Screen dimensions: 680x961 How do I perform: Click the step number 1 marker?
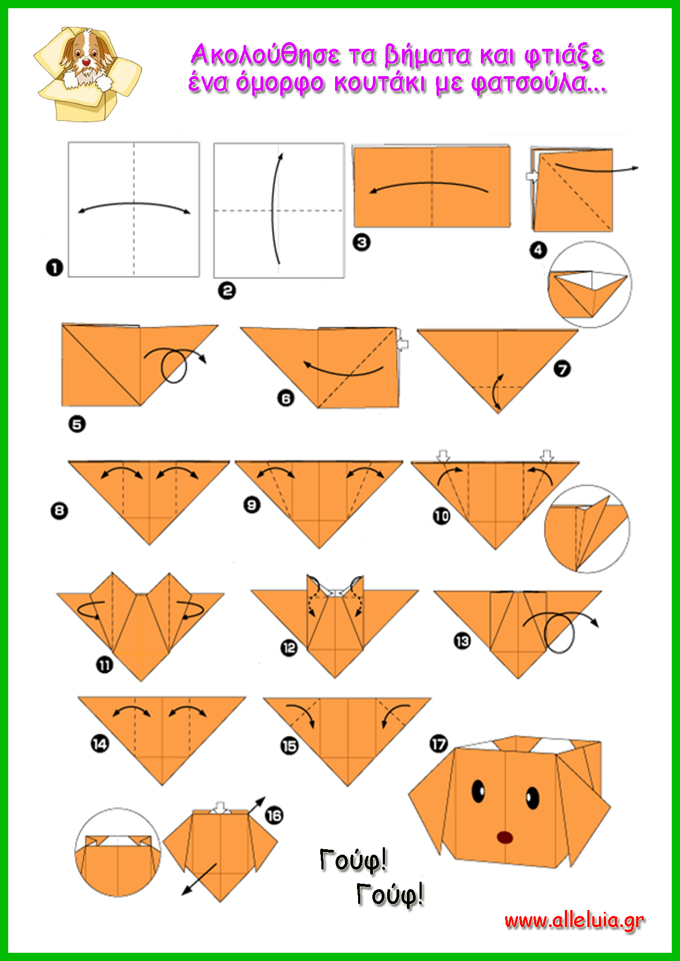pyautogui.click(x=54, y=268)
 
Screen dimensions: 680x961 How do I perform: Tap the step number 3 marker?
pyautogui.click(x=361, y=242)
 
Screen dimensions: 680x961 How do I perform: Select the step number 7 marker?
pyautogui.click(x=562, y=369)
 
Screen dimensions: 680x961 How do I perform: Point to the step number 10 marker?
pyautogui.click(x=441, y=516)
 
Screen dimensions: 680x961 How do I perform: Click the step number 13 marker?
pyautogui.click(x=462, y=640)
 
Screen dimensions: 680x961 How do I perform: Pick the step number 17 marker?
pyautogui.click(x=438, y=744)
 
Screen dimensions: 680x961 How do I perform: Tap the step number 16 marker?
pyautogui.click(x=274, y=816)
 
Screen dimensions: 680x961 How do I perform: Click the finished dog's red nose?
pyautogui.click(x=505, y=837)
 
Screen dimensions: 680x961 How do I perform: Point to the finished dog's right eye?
pyautogui.click(x=532, y=798)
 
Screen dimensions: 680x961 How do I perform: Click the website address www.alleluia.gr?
pyautogui.click(x=574, y=921)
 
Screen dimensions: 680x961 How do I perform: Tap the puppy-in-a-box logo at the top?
pyautogui.click(x=87, y=73)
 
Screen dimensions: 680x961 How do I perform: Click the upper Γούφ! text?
pyautogui.click(x=353, y=861)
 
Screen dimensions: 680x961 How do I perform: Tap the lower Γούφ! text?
pyautogui.click(x=390, y=895)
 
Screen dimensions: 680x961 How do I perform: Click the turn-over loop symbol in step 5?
pyautogui.click(x=174, y=365)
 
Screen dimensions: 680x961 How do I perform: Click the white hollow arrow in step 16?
pyautogui.click(x=220, y=808)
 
